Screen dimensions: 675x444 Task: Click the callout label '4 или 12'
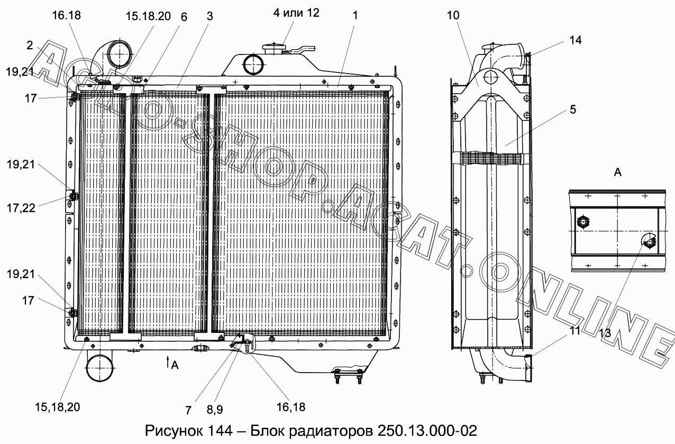[296, 13]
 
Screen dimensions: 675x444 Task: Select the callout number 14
[575, 40]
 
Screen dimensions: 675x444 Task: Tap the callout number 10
[453, 15]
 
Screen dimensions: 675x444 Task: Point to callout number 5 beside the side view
[573, 110]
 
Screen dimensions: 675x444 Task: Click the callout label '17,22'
[21, 208]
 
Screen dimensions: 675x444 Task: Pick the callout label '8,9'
[215, 409]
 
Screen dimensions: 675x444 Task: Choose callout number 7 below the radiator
[188, 410]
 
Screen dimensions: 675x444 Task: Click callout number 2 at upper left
[30, 45]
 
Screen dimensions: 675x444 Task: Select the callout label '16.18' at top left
[66, 15]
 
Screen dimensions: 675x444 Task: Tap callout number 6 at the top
[184, 17]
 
